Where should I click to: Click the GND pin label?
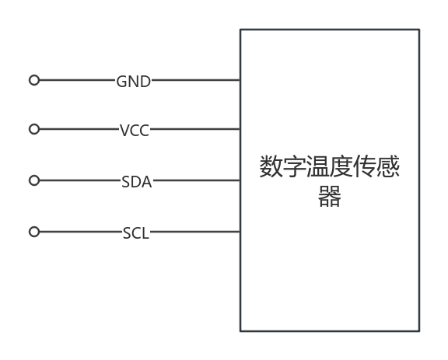[x=134, y=82]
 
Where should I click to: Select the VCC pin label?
[x=135, y=131]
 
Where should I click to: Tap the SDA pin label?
[x=137, y=182]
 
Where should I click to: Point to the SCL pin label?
[x=136, y=233]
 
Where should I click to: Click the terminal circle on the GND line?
[x=34, y=80]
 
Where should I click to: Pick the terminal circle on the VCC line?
[x=34, y=129]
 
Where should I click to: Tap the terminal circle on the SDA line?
[x=34, y=180]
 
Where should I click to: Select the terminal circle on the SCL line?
[x=34, y=232]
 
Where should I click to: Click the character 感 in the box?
[x=388, y=166]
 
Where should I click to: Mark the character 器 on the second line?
[x=330, y=196]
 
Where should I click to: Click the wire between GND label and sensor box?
[x=196, y=80]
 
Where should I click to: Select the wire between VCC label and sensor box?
[x=195, y=129]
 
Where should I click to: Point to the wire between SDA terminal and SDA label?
[x=80, y=180]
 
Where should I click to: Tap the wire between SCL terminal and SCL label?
[x=81, y=232]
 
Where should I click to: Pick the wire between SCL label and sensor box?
[x=195, y=232]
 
